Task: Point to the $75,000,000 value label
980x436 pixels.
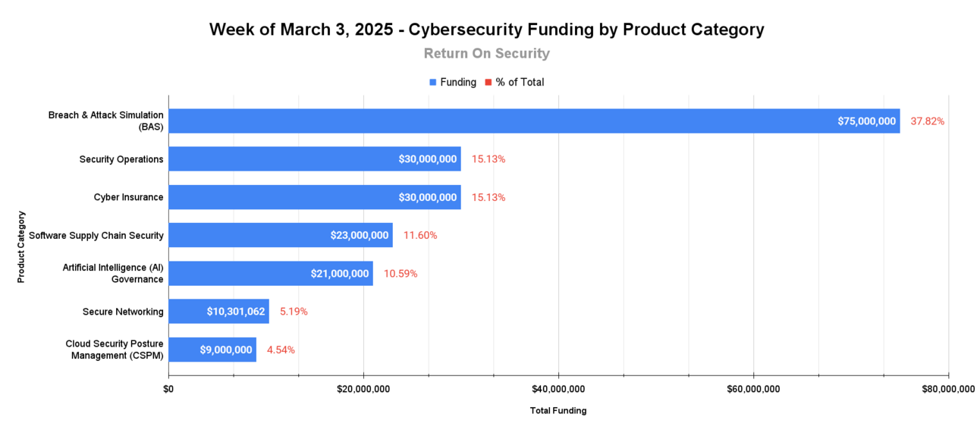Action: point(866,121)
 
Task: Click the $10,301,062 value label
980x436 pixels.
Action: point(235,311)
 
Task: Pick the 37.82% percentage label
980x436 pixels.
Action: point(927,121)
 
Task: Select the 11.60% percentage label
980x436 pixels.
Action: point(420,235)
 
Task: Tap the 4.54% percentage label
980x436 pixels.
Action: point(281,350)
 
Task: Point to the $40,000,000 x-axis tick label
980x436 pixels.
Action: point(558,389)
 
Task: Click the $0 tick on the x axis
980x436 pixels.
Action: point(168,389)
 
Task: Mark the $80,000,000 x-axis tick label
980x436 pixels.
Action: point(948,389)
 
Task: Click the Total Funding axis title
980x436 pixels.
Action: point(558,411)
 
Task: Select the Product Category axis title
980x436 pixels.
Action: point(21,247)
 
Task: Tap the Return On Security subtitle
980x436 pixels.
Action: point(487,53)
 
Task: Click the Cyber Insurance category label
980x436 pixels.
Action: point(128,197)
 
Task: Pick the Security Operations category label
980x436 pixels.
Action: point(121,159)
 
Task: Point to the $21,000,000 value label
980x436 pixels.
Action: point(339,273)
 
